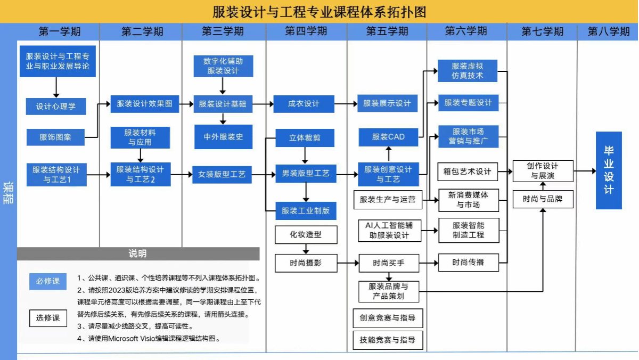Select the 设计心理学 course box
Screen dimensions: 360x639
(x=56, y=106)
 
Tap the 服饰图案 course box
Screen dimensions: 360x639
(x=55, y=137)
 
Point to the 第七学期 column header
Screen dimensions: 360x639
(x=542, y=31)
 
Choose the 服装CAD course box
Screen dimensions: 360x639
(x=389, y=137)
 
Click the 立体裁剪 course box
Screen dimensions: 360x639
(x=305, y=138)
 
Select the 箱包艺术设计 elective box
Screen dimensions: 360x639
(x=468, y=171)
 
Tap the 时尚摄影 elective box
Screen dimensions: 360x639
(x=306, y=262)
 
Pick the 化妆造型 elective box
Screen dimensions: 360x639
(x=306, y=234)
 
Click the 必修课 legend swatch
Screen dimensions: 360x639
(x=48, y=281)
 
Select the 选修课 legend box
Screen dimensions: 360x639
(x=48, y=318)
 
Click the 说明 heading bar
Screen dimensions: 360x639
(x=138, y=253)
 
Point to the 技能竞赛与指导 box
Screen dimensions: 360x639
(x=388, y=340)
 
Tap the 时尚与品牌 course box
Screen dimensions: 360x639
(x=543, y=199)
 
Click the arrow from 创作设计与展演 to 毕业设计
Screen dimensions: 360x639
(x=585, y=171)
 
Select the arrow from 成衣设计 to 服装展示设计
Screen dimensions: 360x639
(x=346, y=103)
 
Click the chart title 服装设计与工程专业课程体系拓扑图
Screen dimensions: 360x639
(x=319, y=12)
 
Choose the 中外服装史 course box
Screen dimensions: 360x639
(x=223, y=137)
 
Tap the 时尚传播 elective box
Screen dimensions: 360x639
(x=468, y=262)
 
